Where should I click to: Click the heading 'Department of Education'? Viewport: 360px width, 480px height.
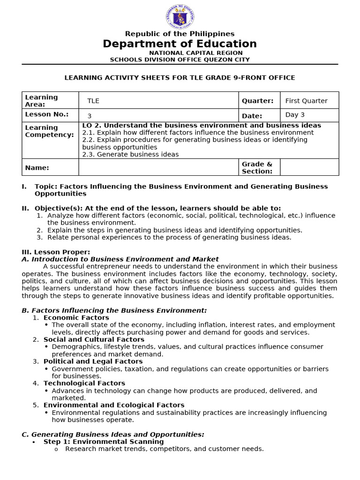pyautogui.click(x=180, y=44)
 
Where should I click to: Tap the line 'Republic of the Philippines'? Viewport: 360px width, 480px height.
pyautogui.click(x=180, y=34)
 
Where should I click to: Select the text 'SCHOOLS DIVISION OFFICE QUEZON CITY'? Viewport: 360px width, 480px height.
pyautogui.click(x=180, y=60)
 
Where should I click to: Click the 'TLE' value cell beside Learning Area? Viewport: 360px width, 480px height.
pyautogui.click(x=158, y=101)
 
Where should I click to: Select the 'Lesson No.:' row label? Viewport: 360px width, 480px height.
pyautogui.click(x=47, y=115)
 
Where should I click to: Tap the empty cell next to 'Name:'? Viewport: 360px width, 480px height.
pyautogui.click(x=158, y=167)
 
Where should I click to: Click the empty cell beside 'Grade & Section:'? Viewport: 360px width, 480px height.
pyautogui.click(x=309, y=167)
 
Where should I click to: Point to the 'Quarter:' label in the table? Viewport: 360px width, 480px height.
pyautogui.click(x=257, y=101)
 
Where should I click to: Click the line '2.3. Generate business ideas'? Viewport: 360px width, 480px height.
pyautogui.click(x=130, y=154)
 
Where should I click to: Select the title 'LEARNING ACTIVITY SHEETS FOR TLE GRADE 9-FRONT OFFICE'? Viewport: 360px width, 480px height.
pyautogui.click(x=180, y=77)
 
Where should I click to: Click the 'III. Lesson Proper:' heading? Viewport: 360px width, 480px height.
pyautogui.click(x=56, y=252)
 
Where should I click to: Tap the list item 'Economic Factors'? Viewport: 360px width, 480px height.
pyautogui.click(x=76, y=317)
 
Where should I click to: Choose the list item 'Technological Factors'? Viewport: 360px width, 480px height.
pyautogui.click(x=84, y=383)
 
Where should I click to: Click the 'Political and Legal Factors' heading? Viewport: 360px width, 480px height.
pyautogui.click(x=93, y=361)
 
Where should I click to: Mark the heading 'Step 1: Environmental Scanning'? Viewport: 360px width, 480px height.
pyautogui.click(x=104, y=442)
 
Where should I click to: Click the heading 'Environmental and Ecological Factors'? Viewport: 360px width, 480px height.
pyautogui.click(x=114, y=405)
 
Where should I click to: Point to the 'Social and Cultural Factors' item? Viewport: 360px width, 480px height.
pyautogui.click(x=94, y=339)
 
